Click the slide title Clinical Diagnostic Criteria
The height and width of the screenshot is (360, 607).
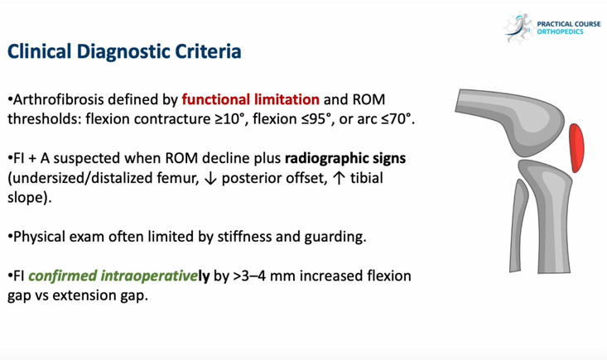[124, 51]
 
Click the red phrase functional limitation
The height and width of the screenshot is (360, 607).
[251, 99]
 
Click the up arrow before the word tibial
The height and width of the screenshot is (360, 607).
[339, 178]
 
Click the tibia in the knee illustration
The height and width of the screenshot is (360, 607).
[552, 215]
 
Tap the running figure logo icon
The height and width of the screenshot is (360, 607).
[518, 27]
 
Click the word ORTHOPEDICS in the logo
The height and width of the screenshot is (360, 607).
[560, 31]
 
